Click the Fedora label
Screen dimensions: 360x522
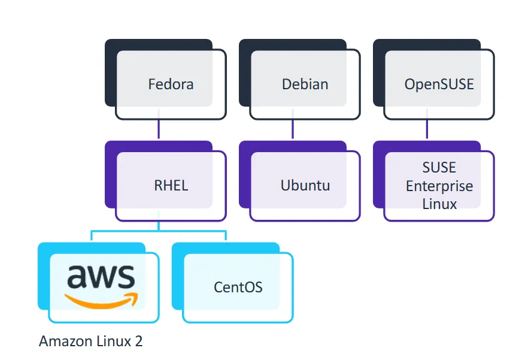click(171, 84)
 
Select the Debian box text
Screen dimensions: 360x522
click(305, 84)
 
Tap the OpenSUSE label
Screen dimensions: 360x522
click(439, 84)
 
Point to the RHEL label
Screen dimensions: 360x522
click(171, 185)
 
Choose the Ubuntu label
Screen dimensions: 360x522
click(305, 185)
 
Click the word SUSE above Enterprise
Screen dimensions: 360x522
click(439, 167)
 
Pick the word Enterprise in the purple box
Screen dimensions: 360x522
click(439, 186)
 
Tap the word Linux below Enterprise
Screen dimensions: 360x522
click(439, 204)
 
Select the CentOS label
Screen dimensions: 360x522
click(238, 287)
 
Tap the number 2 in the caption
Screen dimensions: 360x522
click(139, 341)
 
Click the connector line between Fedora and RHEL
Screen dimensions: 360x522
click(159, 129)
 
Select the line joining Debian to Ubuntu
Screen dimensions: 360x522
click(293, 129)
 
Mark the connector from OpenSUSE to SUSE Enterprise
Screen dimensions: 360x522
click(427, 129)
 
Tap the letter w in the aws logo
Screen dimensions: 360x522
click(101, 277)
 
